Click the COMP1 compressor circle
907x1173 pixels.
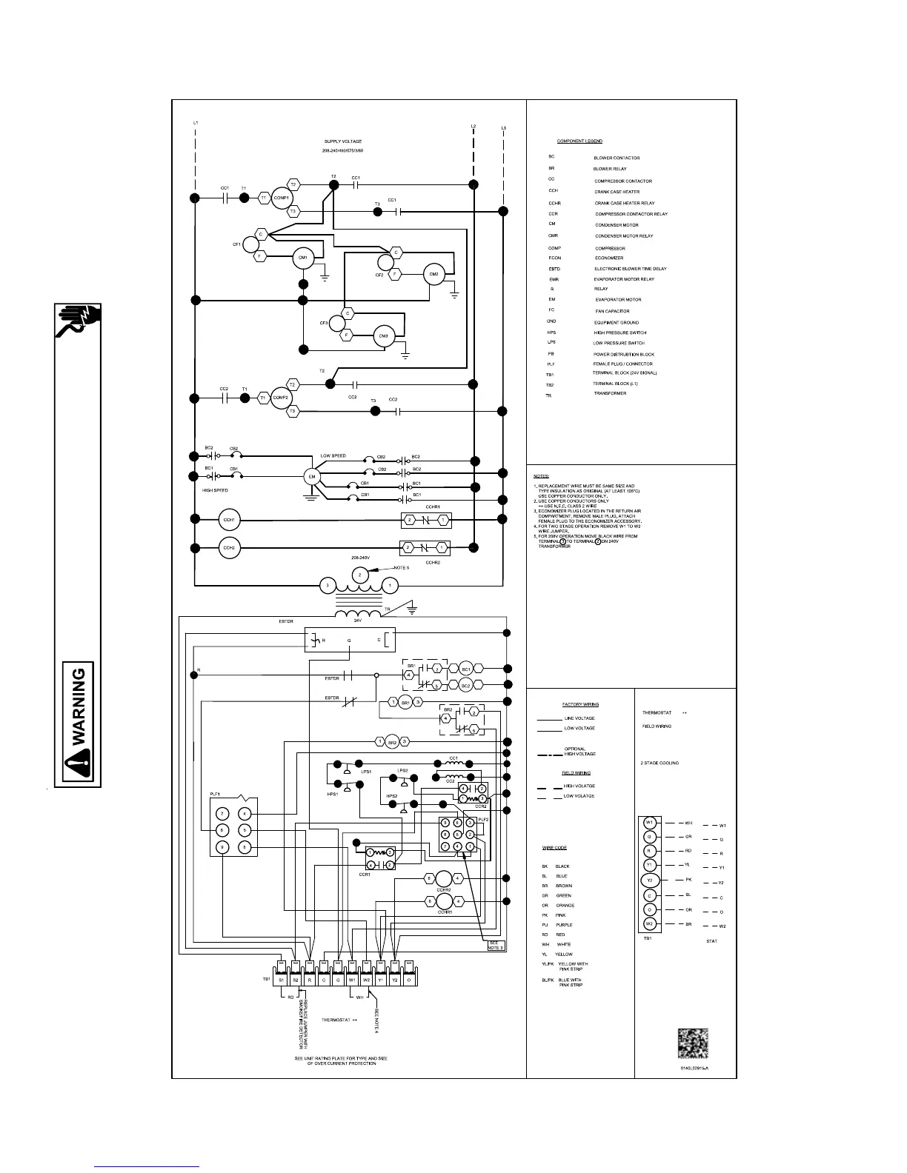(x=281, y=198)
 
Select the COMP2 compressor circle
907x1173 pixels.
(x=280, y=397)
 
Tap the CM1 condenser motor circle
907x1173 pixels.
(x=302, y=257)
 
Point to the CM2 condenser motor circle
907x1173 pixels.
(x=433, y=274)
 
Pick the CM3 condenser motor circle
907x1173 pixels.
(x=383, y=336)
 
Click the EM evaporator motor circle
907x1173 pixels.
(x=312, y=477)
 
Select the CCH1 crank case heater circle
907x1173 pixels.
(x=229, y=520)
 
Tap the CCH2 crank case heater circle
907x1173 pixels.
(x=229, y=548)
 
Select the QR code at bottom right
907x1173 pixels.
(x=693, y=1043)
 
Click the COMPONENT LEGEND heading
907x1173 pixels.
(x=579, y=141)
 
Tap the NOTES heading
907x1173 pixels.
(x=542, y=476)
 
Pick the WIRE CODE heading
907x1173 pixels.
(x=554, y=848)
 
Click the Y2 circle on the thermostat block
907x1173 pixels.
(x=650, y=880)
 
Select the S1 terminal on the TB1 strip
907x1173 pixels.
(x=281, y=980)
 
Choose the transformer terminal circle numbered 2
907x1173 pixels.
(x=359, y=575)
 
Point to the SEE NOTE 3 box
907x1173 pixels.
(x=496, y=945)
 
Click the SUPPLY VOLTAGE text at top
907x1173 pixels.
(x=343, y=141)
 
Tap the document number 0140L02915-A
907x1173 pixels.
(x=695, y=1067)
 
